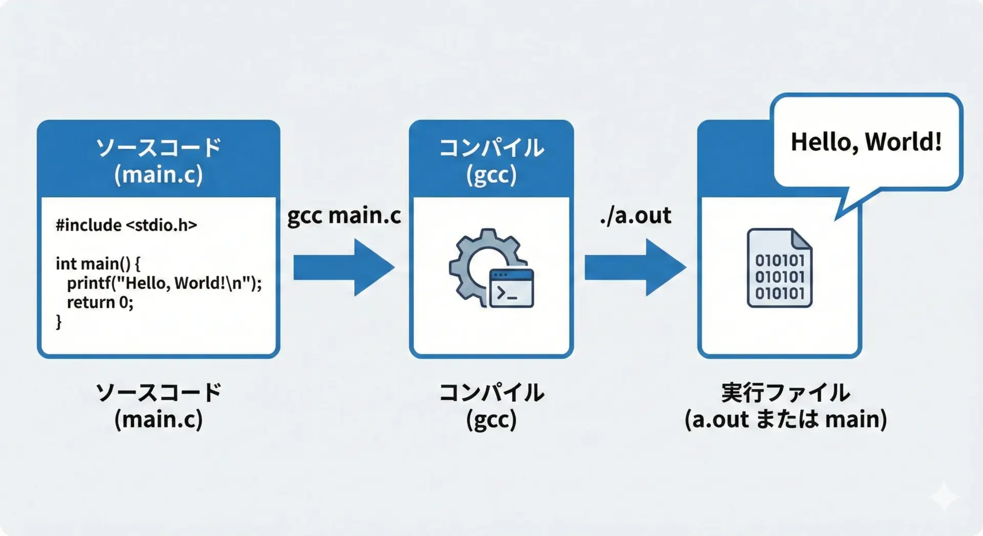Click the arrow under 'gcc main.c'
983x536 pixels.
pyautogui.click(x=344, y=267)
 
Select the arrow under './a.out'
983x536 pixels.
pyautogui.click(x=635, y=267)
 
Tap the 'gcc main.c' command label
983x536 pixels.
pyautogui.click(x=344, y=216)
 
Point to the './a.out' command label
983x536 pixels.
pyautogui.click(x=635, y=216)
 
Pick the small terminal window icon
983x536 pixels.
pyautogui.click(x=511, y=288)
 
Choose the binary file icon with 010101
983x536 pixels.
pyautogui.click(x=780, y=268)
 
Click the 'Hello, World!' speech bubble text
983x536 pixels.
pyautogui.click(x=866, y=142)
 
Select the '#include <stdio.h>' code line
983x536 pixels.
pyautogui.click(x=126, y=225)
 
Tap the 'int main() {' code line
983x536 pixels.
pyautogui.click(x=98, y=264)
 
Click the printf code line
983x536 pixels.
pyautogui.click(x=164, y=283)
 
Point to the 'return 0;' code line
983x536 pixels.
pyautogui.click(x=100, y=303)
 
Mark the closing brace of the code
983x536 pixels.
pyautogui.click(x=59, y=322)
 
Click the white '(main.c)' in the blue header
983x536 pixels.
pyautogui.click(x=159, y=175)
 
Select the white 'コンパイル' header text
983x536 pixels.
pyautogui.click(x=491, y=148)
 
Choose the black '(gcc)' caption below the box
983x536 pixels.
pyautogui.click(x=491, y=420)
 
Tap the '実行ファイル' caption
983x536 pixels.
pyautogui.click(x=786, y=393)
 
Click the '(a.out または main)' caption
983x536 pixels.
pyautogui.click(x=786, y=419)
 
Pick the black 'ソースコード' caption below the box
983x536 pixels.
pyautogui.click(x=159, y=393)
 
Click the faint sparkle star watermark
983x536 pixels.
pyautogui.click(x=945, y=496)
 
